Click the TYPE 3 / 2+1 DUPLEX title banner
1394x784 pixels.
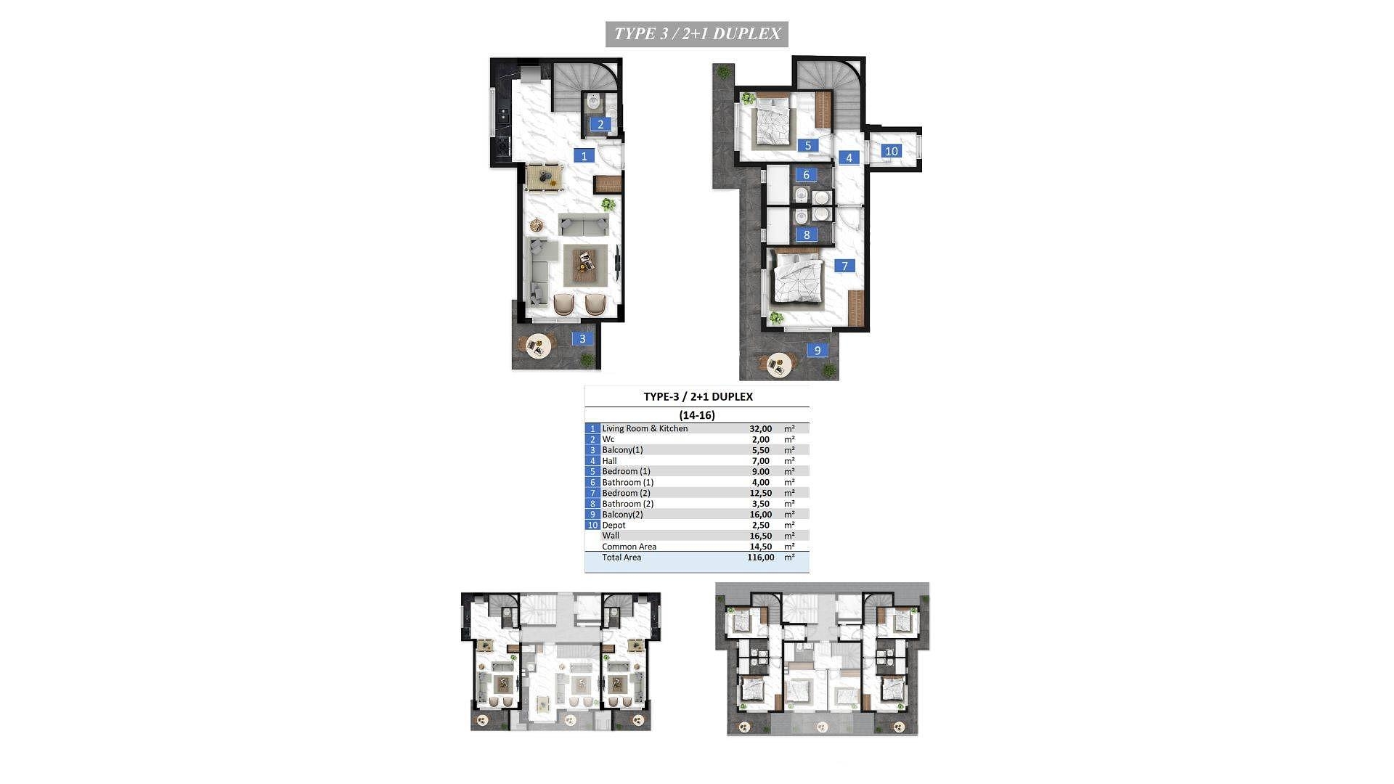click(x=697, y=34)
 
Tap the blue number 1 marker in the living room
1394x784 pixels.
click(x=584, y=155)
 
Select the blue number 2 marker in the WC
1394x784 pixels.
click(x=600, y=124)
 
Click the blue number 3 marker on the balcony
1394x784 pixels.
click(x=582, y=338)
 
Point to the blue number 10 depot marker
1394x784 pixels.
click(x=892, y=151)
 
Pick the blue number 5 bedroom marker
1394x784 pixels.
click(x=807, y=145)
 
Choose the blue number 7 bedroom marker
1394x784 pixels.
click(x=844, y=266)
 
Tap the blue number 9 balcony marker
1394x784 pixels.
click(x=818, y=350)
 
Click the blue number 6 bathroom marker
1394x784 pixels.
click(x=806, y=174)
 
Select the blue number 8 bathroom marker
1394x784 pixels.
click(x=807, y=234)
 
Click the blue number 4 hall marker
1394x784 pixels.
click(x=849, y=157)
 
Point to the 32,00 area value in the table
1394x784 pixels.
click(x=761, y=429)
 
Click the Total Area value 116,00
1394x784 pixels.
click(x=761, y=558)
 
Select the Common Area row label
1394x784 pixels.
click(x=629, y=547)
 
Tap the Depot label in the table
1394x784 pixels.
click(x=614, y=525)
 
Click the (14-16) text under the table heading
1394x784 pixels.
click(x=697, y=415)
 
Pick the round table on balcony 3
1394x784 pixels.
click(x=539, y=346)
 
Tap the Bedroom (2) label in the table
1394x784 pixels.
click(x=626, y=493)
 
